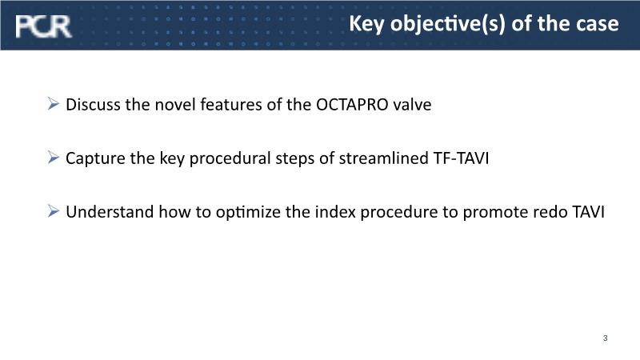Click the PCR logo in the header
point(44,26)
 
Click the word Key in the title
point(366,24)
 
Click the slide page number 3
point(605,338)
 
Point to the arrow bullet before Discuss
point(53,104)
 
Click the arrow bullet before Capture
point(53,157)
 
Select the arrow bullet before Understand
point(53,211)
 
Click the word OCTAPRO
point(352,105)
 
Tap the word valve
point(412,105)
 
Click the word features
point(231,105)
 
